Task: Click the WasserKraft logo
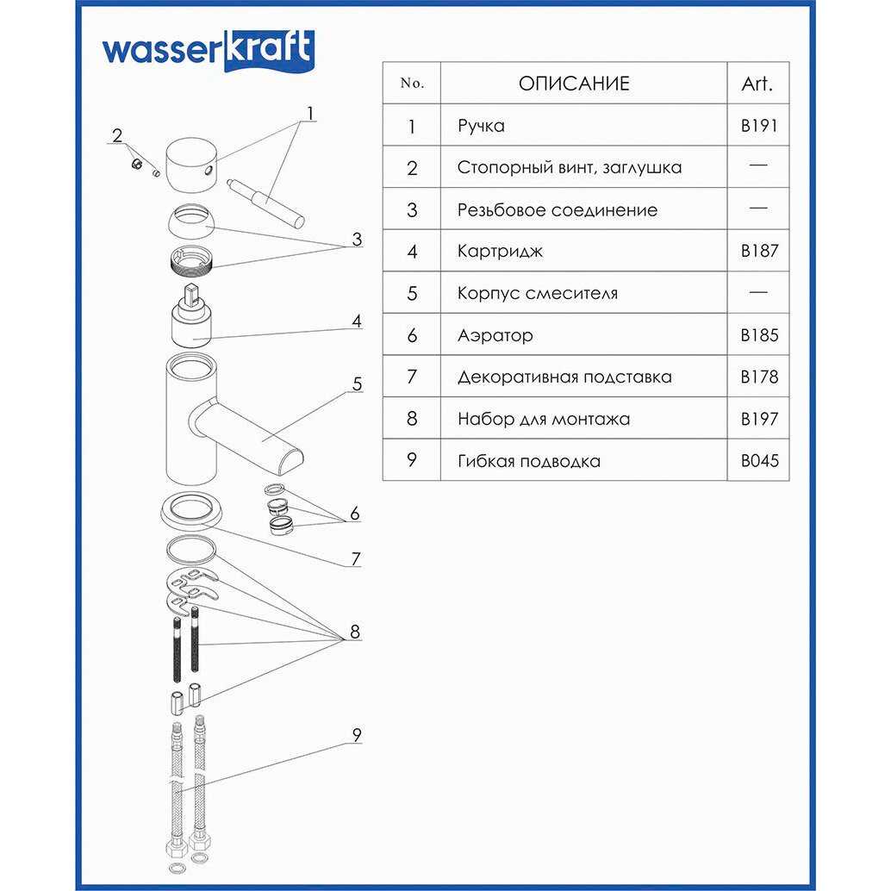pyautogui.click(x=209, y=51)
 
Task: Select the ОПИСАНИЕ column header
pyautogui.click(x=574, y=84)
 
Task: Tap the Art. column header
pyautogui.click(x=757, y=84)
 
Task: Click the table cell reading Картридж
pyautogui.click(x=501, y=252)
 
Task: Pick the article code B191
pyautogui.click(x=758, y=126)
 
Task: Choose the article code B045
pyautogui.click(x=758, y=461)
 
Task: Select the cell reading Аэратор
pyautogui.click(x=495, y=335)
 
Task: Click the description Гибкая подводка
pyautogui.click(x=529, y=461)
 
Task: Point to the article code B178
pyautogui.click(x=758, y=377)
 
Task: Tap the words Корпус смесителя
pyautogui.click(x=538, y=293)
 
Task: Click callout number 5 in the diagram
pyautogui.click(x=357, y=385)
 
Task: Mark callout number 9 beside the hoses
pyautogui.click(x=356, y=735)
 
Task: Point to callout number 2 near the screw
pyautogui.click(x=118, y=135)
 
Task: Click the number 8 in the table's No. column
pyautogui.click(x=412, y=419)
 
